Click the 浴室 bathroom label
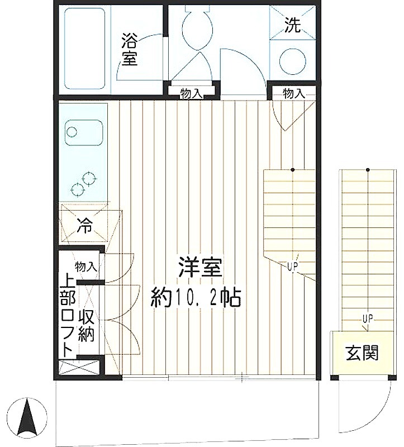pos(130,50)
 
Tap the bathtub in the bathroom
pos(85,49)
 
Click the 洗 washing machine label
pos(293,25)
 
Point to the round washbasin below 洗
pos(292,61)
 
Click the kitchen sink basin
pos(83,132)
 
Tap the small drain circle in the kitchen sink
pos(72,132)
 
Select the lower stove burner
pos(78,189)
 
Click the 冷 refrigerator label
pos(85,226)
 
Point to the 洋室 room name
pos(200,267)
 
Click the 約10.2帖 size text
pos(196,298)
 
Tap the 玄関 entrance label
pos(362,353)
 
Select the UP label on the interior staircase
pos(292,267)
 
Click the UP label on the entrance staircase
pos(368,318)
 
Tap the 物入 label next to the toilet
pos(191,93)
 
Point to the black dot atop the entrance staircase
pos(368,170)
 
